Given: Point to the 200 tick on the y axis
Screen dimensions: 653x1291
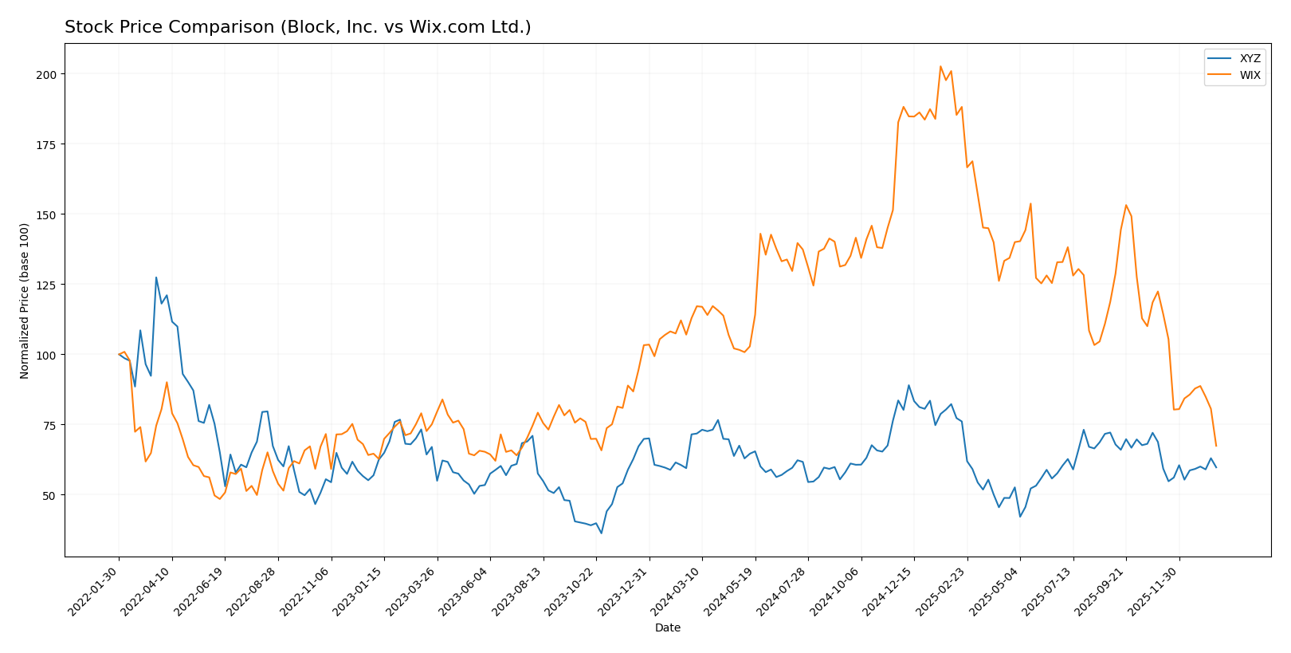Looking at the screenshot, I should (x=49, y=74).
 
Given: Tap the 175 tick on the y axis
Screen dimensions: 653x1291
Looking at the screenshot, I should (x=49, y=144).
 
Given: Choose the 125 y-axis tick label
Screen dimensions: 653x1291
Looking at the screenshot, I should (x=49, y=285).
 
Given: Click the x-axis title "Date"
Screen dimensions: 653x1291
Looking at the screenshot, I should (x=668, y=627).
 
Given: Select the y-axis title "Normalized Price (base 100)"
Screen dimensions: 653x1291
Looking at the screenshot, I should (x=25, y=301).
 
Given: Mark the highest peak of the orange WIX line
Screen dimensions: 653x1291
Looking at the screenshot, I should (x=940, y=66).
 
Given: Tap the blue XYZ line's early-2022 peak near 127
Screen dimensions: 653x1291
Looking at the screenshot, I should (x=156, y=277).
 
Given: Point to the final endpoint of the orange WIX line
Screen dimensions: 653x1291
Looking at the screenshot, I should (x=1216, y=446).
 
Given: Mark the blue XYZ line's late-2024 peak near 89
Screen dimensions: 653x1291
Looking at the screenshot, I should (x=908, y=385).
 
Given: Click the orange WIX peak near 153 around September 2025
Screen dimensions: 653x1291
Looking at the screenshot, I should (x=1126, y=205).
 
